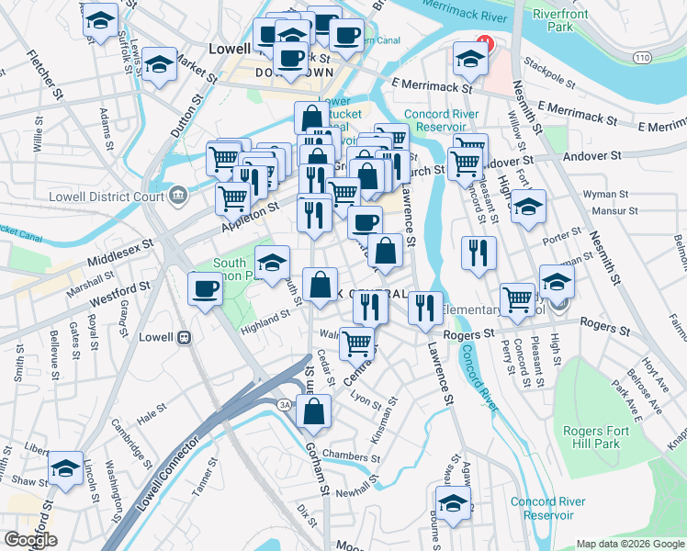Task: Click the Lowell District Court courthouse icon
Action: (x=177, y=194)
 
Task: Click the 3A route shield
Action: (x=286, y=405)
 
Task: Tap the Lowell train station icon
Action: (x=184, y=337)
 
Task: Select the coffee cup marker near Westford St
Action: (x=204, y=289)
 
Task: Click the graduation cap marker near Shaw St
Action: (x=66, y=467)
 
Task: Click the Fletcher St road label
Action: (x=44, y=79)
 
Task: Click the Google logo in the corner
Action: (x=30, y=540)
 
